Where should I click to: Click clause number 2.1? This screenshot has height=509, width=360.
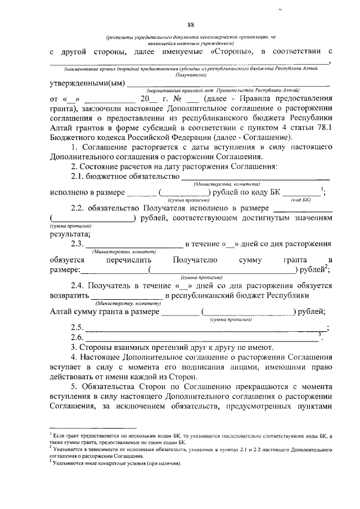coord(80,178)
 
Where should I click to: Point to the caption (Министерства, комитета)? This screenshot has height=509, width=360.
coord(226,184)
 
